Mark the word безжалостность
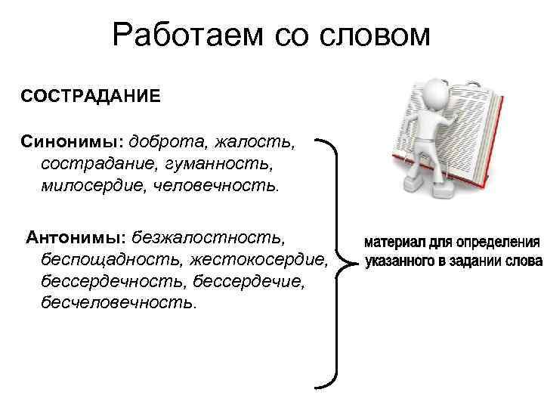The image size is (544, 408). (x=208, y=238)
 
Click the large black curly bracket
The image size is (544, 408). (x=336, y=264)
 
